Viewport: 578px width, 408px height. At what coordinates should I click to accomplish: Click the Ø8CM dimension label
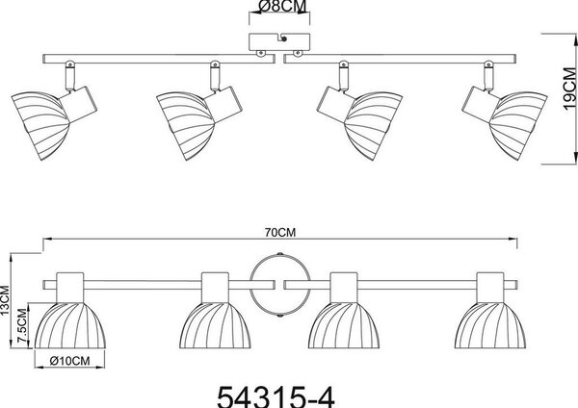coord(282,7)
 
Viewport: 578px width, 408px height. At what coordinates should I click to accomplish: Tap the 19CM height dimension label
coord(570,89)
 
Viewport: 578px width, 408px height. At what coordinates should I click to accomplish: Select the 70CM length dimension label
coord(280,232)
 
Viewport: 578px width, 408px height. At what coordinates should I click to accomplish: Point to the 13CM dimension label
coord(5,300)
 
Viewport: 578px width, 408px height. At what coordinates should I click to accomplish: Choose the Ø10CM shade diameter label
coord(69,361)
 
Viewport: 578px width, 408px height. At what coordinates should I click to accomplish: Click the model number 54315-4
coord(276,396)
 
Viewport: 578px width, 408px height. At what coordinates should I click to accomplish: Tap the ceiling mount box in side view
coord(279,42)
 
